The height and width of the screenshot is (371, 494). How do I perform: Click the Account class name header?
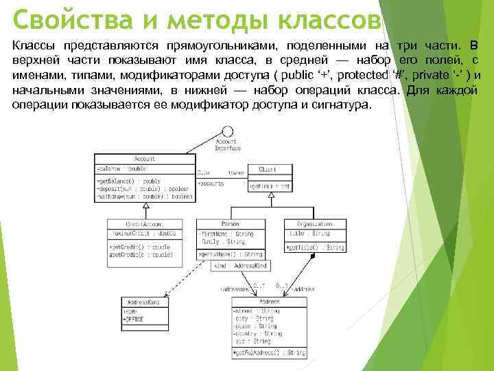tap(145, 159)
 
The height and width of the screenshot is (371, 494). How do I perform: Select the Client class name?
tap(267, 168)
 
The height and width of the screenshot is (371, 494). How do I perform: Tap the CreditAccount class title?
tap(142, 224)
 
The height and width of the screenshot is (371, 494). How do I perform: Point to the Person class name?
tap(230, 224)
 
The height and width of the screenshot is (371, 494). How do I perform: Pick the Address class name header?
tap(268, 303)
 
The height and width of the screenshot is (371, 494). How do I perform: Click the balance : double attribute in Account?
tap(123, 168)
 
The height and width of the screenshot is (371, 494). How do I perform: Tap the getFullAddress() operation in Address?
tap(268, 352)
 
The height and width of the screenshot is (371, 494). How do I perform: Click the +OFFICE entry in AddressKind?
tap(134, 319)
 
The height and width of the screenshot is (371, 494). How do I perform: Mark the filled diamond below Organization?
tap(313, 256)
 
